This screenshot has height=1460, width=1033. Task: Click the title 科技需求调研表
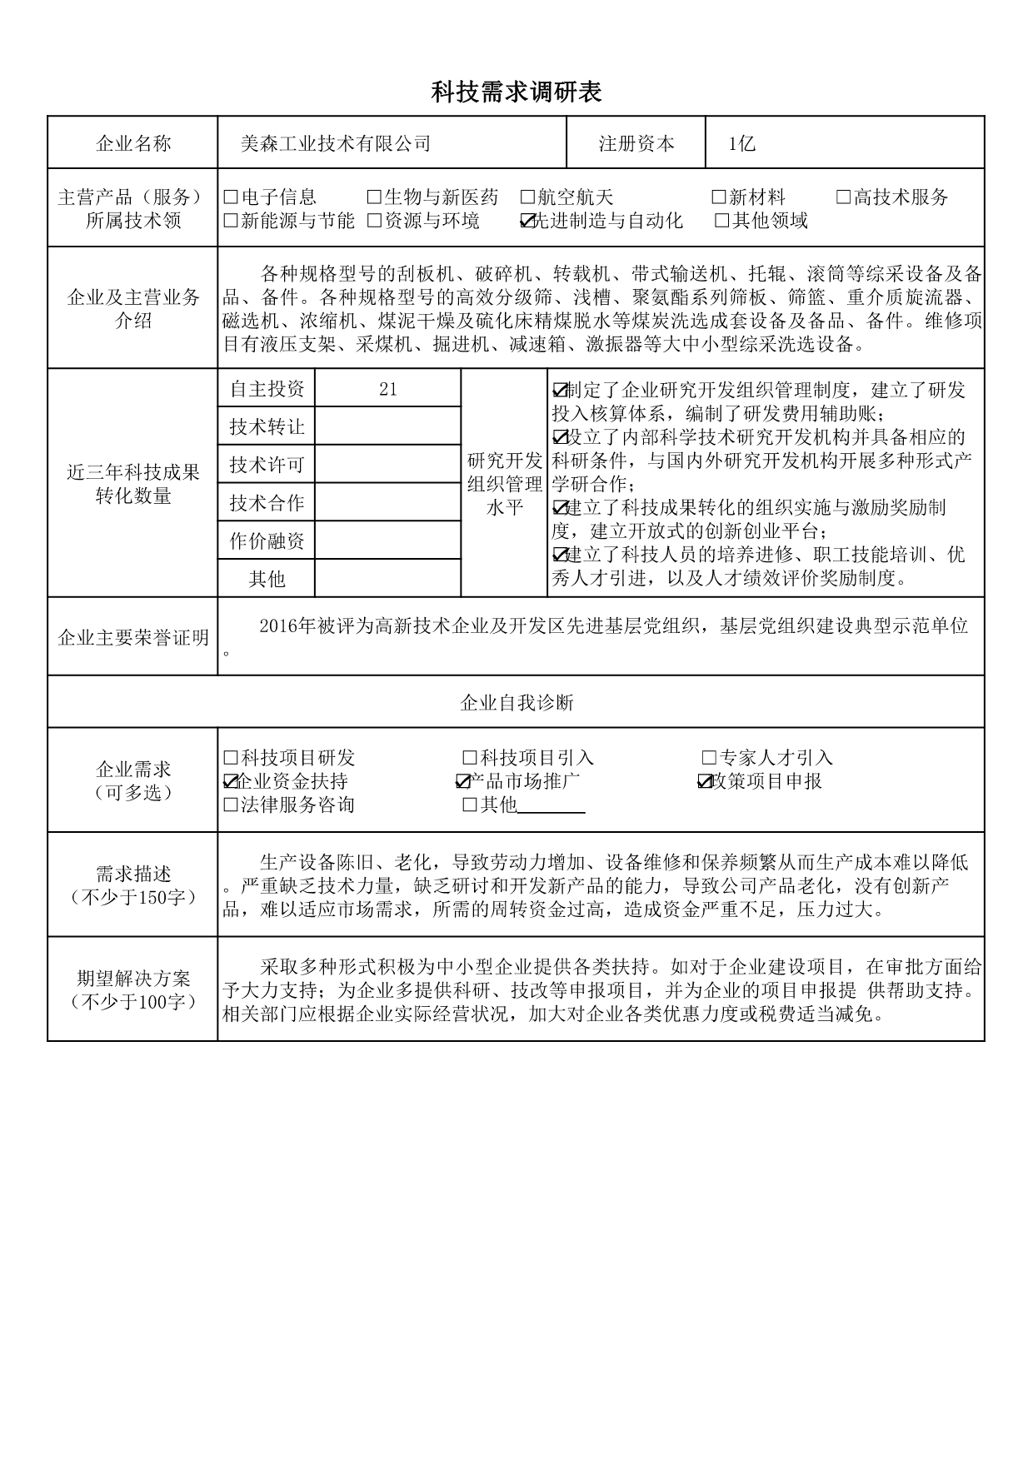516,92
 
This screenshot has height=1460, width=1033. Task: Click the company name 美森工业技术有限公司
336,144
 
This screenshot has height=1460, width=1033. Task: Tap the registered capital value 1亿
741,144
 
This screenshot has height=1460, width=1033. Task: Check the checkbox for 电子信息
232,197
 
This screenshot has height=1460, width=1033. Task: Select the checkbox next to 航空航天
527,197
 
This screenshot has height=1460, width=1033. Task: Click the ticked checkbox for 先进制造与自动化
526,221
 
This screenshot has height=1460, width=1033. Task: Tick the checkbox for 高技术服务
844,197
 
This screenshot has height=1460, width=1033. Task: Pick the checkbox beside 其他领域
722,221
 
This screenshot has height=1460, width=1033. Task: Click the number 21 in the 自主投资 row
387,389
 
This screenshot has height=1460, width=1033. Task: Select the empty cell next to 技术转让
387,426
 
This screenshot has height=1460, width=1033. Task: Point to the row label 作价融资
267,541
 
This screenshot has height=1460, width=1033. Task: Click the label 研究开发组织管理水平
504,484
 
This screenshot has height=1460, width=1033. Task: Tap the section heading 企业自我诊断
516,703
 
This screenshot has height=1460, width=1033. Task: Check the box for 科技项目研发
232,758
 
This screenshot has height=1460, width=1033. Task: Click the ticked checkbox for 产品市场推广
463,781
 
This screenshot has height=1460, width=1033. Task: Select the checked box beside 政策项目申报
705,781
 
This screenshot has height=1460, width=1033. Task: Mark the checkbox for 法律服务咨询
232,805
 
